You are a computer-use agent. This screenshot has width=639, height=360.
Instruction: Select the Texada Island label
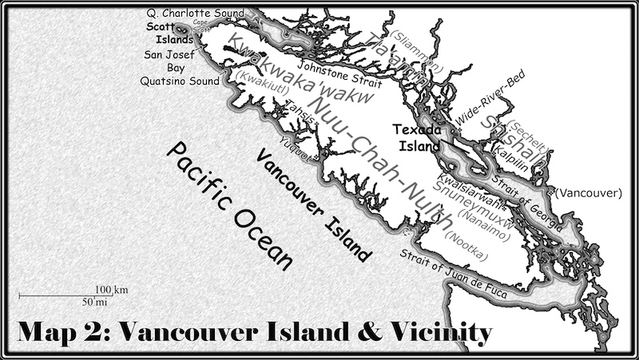click(417, 136)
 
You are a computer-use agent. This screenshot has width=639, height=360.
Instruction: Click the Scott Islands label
click(169, 32)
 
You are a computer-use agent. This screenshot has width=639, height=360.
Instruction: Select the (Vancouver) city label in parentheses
click(587, 193)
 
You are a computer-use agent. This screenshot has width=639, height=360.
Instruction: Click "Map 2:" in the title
click(65, 331)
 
